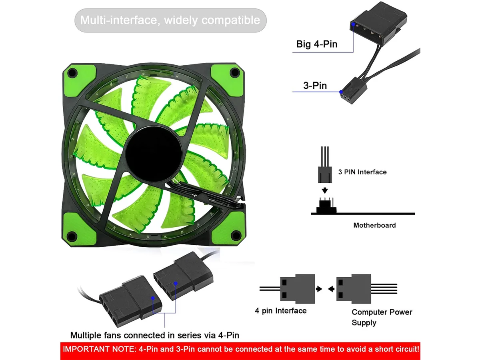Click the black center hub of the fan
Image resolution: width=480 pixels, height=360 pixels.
[154, 154]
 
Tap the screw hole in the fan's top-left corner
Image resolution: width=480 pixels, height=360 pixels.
[73, 72]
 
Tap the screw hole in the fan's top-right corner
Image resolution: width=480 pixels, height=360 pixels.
[235, 72]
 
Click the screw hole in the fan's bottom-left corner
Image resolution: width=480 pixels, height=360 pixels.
[72, 236]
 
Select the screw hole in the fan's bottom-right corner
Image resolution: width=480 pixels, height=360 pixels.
[236, 235]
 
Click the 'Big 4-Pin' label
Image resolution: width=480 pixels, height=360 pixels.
[317, 44]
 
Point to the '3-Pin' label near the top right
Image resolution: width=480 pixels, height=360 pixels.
[315, 86]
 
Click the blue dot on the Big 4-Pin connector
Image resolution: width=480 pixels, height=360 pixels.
[353, 24]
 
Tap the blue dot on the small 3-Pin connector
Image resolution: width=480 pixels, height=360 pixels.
[341, 92]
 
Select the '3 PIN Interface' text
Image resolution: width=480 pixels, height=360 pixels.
[362, 172]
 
